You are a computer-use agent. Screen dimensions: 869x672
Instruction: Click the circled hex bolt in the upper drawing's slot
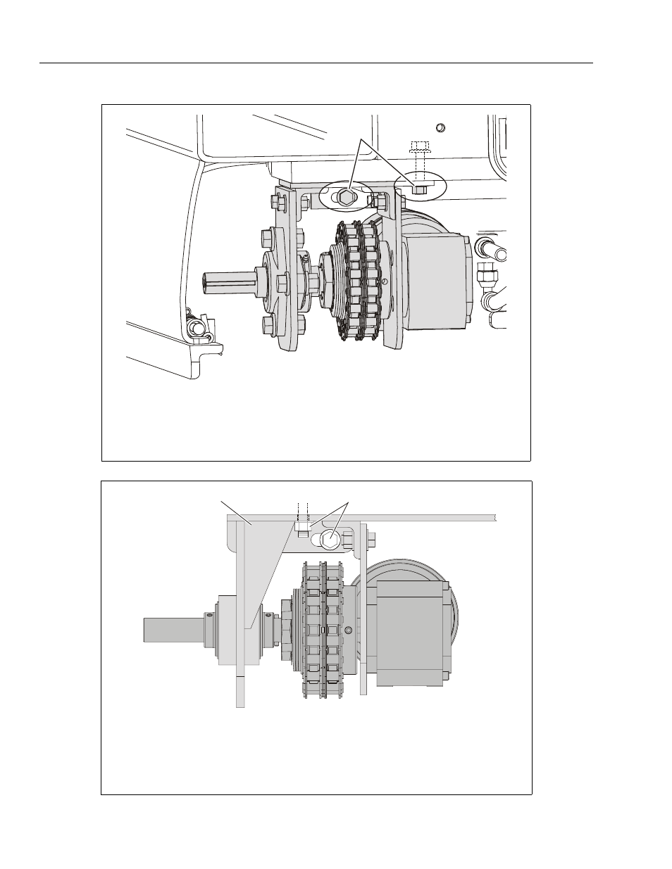pos(345,197)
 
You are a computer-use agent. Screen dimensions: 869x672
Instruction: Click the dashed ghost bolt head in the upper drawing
pos(419,146)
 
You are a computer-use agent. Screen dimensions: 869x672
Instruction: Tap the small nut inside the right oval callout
pos(418,188)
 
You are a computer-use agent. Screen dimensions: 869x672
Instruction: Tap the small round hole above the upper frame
pos(441,127)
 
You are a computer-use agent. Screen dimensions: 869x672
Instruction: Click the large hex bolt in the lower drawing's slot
pos(330,540)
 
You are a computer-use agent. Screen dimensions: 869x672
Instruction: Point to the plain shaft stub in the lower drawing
pos(173,628)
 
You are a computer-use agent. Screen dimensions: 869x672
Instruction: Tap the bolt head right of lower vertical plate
pos(371,540)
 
